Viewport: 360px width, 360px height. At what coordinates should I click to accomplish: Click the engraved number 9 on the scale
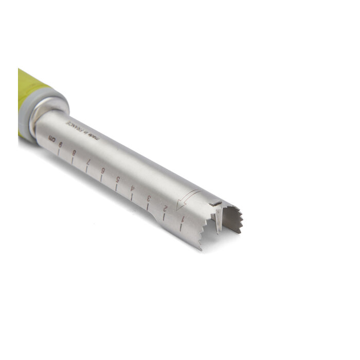point(61,145)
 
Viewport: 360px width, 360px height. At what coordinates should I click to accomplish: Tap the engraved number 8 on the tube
point(75,153)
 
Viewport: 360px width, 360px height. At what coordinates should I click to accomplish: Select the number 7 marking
point(89,161)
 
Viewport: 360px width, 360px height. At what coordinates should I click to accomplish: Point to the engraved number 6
point(103,170)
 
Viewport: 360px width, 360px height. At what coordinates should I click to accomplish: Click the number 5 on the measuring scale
point(118,179)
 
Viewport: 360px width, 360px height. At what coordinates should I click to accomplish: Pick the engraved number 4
point(133,189)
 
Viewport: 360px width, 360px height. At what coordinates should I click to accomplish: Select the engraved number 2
point(165,208)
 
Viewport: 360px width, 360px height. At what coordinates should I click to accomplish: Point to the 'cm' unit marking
point(51,139)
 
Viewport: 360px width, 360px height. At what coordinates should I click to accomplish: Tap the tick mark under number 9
point(58,153)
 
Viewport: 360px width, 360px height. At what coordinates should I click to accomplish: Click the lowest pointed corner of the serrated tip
point(200,249)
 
